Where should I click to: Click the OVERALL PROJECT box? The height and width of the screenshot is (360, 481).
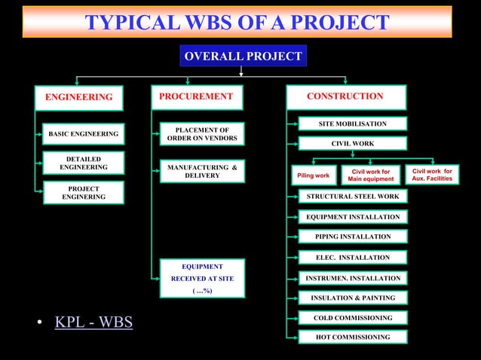(243, 56)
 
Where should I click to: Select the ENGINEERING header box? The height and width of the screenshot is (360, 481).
(79, 97)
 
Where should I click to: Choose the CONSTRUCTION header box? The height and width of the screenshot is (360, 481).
(345, 96)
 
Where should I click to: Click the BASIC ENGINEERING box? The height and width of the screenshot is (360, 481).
(83, 134)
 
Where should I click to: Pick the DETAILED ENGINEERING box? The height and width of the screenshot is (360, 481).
(83, 163)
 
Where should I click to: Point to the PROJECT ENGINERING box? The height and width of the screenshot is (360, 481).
(83, 193)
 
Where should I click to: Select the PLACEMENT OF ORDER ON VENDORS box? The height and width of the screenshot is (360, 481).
(201, 134)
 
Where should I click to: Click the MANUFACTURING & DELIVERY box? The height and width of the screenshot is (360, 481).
(201, 171)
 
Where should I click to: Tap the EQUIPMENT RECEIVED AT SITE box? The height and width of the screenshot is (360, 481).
(201, 278)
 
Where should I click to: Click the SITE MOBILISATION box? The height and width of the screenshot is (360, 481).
(353, 124)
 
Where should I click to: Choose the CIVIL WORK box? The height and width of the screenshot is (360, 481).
(353, 143)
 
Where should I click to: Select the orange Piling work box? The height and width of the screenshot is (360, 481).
(313, 175)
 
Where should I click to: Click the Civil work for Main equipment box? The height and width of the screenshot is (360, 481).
(370, 175)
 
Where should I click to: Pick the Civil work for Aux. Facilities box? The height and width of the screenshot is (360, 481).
(432, 175)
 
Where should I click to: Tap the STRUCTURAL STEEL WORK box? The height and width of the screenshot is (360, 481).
(353, 197)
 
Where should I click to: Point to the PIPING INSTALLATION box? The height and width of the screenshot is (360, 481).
(353, 236)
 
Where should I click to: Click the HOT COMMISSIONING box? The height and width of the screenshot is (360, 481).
(353, 337)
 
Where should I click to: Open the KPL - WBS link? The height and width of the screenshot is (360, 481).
(93, 323)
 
